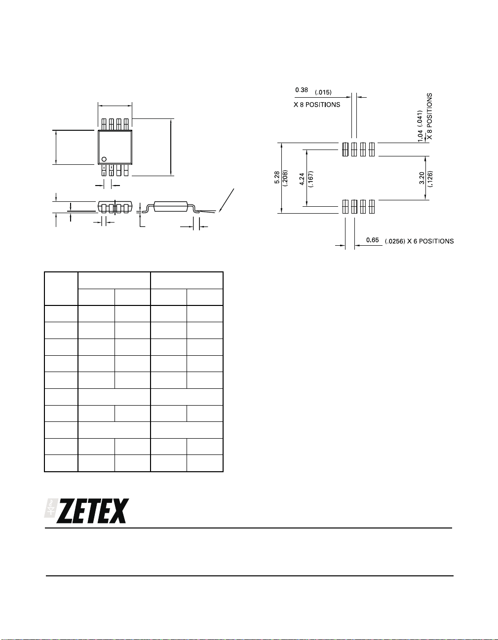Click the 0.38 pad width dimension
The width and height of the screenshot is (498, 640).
click(302, 90)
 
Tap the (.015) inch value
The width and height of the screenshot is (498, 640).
click(323, 92)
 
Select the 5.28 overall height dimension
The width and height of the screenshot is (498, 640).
click(277, 178)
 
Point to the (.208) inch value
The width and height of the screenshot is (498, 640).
click(285, 178)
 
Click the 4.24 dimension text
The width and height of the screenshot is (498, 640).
click(303, 179)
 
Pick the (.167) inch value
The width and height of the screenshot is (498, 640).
click(311, 179)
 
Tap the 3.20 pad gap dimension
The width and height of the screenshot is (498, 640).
click(421, 178)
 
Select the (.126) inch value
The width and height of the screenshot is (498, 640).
click(430, 179)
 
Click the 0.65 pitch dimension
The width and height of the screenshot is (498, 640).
click(373, 240)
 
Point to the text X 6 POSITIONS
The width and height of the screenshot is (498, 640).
click(430, 241)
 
